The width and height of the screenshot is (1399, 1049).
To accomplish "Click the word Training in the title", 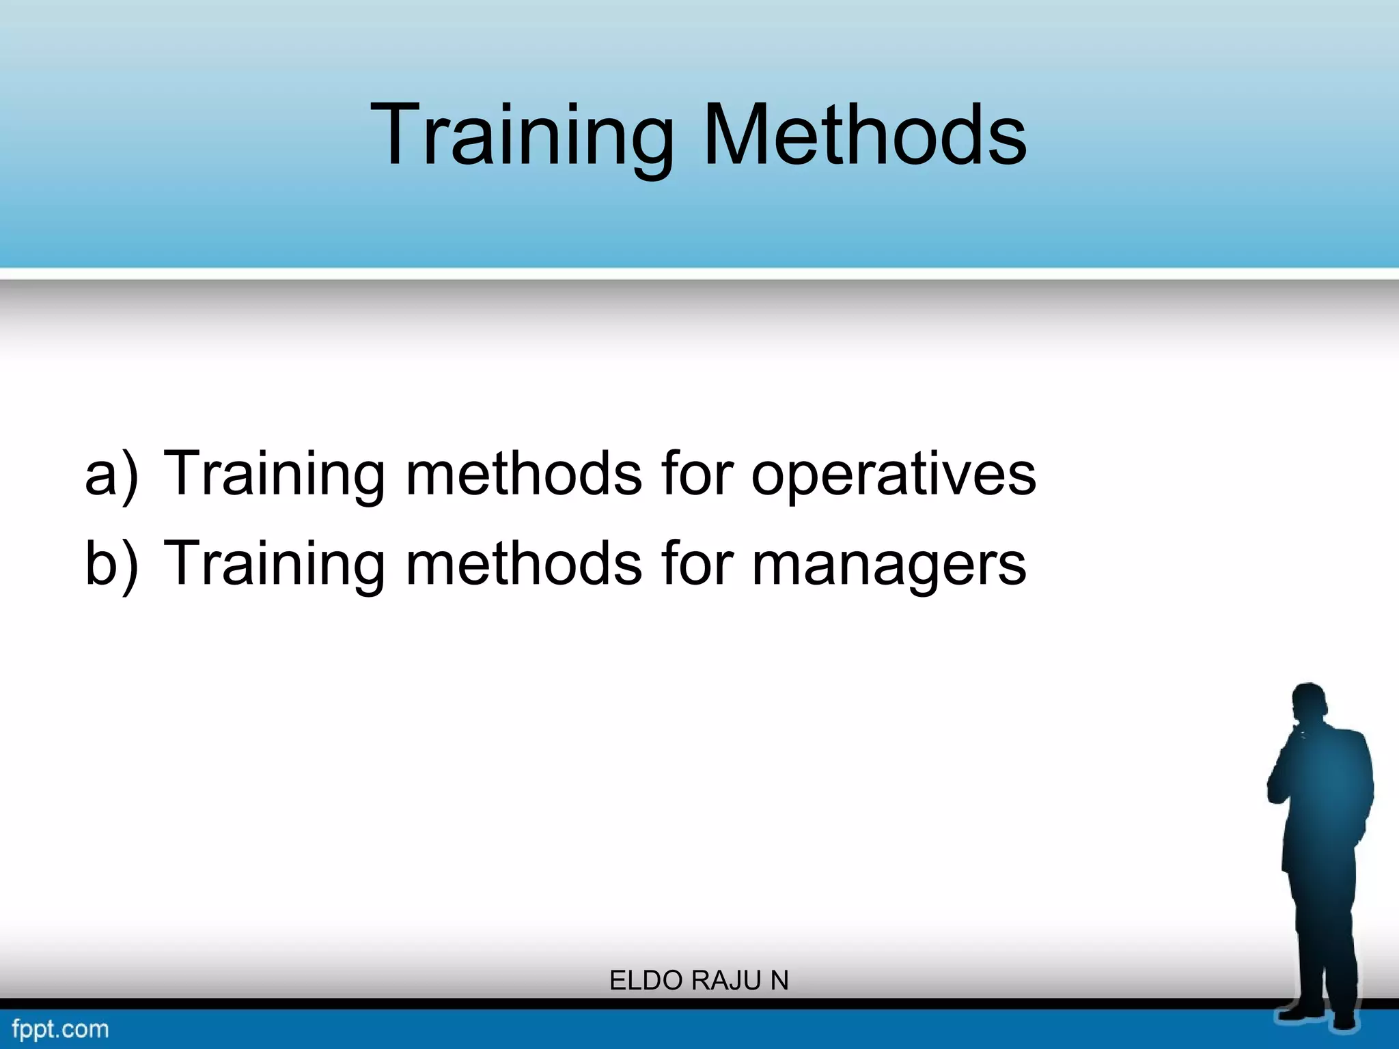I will tap(523, 135).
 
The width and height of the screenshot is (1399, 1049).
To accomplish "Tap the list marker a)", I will tap(111, 475).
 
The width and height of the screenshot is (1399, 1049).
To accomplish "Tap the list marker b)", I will tap(111, 564).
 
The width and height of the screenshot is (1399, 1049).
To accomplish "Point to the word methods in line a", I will tap(524, 473).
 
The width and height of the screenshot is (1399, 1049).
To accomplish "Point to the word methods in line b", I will tap(524, 563).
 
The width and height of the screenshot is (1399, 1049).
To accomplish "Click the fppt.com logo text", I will tap(60, 1029).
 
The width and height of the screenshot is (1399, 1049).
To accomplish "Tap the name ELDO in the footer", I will tap(647, 981).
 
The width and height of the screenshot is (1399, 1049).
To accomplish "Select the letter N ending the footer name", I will tap(779, 981).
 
